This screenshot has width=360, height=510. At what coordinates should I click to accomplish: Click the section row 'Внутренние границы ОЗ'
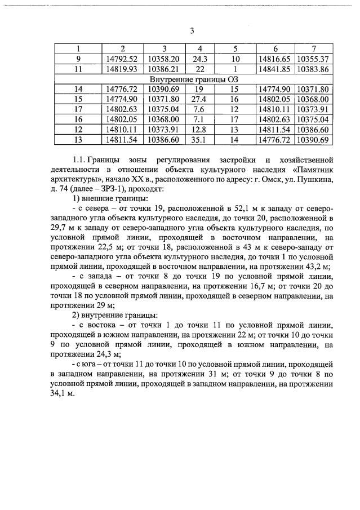click(194, 79)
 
